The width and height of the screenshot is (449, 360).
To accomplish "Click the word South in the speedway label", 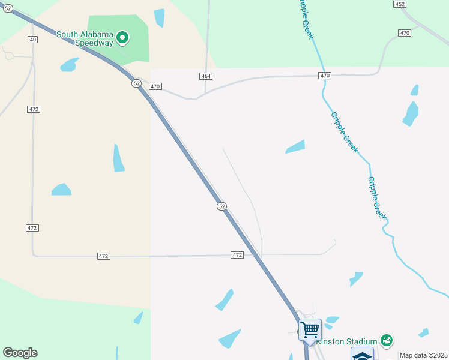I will pyautogui.click(x=68, y=34).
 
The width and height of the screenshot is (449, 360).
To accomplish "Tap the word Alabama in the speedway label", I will pyautogui.click(x=97, y=34).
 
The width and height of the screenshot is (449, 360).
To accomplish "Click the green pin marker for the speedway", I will pyautogui.click(x=122, y=38).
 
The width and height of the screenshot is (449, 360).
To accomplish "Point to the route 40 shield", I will pyautogui.click(x=32, y=40).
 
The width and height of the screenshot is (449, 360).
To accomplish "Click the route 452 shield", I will pyautogui.click(x=400, y=4).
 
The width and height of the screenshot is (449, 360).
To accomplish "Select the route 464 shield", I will pyautogui.click(x=206, y=76).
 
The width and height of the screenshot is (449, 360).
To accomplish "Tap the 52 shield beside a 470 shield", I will pyautogui.click(x=137, y=83).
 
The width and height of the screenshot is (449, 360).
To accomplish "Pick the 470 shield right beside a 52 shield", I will pyautogui.click(x=155, y=86).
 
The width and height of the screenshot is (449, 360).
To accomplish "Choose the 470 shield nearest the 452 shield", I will pyautogui.click(x=405, y=32).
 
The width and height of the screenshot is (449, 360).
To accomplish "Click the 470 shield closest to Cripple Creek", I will pyautogui.click(x=325, y=76).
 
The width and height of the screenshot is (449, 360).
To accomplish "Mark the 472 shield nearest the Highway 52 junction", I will pyautogui.click(x=237, y=255).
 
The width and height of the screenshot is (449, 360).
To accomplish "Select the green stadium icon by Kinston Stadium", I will pyautogui.click(x=387, y=340).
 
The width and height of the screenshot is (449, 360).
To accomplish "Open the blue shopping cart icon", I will pyautogui.click(x=310, y=329).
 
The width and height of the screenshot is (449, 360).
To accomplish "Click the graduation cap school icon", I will pyautogui.click(x=362, y=355).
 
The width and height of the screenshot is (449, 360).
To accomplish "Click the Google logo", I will pyautogui.click(x=20, y=353).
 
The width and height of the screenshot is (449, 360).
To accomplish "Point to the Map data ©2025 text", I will pyautogui.click(x=423, y=355).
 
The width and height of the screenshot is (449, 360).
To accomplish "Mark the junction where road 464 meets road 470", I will pyautogui.click(x=199, y=97).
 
